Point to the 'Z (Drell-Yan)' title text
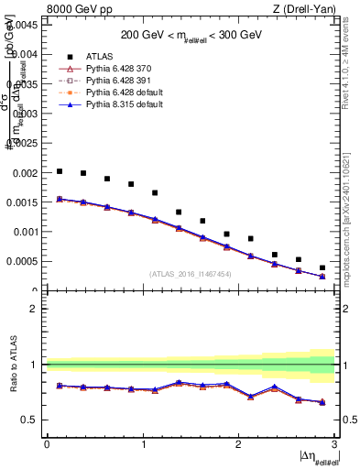308,10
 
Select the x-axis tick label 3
335,443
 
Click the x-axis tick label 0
47,443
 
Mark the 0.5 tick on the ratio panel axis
30,420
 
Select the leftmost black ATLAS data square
60,171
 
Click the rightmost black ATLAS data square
322,267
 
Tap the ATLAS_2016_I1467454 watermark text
191,274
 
